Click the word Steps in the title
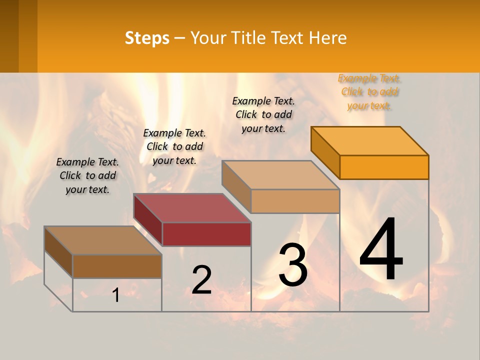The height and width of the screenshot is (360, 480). click(x=146, y=38)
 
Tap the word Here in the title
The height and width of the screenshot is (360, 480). click(x=328, y=38)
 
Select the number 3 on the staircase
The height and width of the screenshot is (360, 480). click(x=293, y=265)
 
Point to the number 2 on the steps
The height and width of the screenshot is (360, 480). click(x=201, y=279)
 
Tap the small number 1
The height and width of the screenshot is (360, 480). click(x=116, y=295)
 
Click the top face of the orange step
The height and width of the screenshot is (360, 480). click(x=370, y=141)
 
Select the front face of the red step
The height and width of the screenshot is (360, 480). click(x=206, y=234)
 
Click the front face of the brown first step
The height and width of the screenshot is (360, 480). click(x=117, y=266)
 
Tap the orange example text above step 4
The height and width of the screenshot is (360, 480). click(x=369, y=92)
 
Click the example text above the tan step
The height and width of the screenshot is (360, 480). click(x=263, y=114)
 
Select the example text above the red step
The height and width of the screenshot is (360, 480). click(x=174, y=146)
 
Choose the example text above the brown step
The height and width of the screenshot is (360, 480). click(x=87, y=175)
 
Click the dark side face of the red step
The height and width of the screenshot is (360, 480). click(x=148, y=219)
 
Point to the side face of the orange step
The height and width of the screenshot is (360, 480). click(x=325, y=152)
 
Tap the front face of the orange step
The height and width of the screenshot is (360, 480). click(x=384, y=167)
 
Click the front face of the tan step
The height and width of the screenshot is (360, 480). click(x=295, y=201)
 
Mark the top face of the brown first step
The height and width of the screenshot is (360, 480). click(x=103, y=240)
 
